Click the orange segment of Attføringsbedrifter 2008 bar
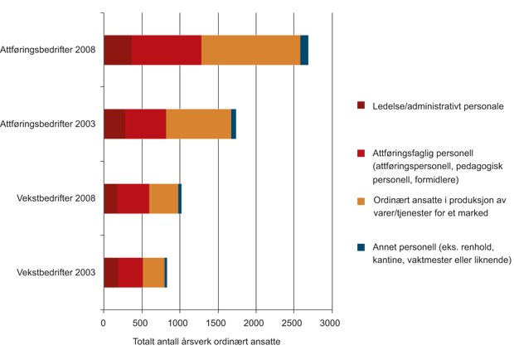(250, 50)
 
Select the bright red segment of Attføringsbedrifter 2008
(166, 50)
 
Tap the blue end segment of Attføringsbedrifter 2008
(304, 50)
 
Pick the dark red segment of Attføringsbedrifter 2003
(114, 124)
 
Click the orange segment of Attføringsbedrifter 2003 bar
(198, 124)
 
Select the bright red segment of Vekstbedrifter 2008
(133, 198)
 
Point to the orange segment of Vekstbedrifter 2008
(163, 198)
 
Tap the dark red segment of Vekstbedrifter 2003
(110, 272)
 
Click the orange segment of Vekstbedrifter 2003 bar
(153, 272)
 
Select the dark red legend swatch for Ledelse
(361, 106)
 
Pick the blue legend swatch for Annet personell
(361, 246)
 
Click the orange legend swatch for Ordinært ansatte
(361, 201)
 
